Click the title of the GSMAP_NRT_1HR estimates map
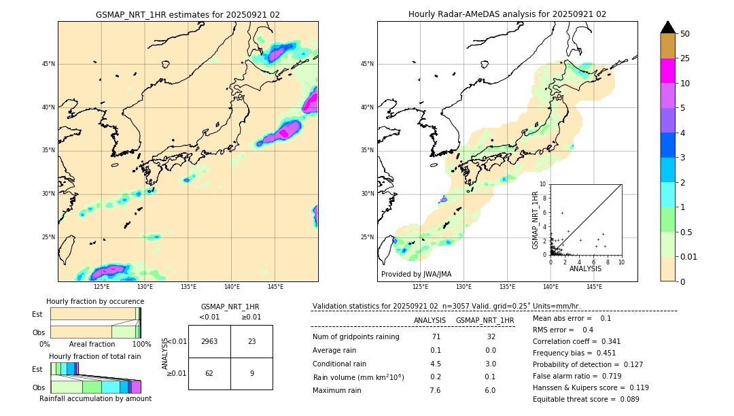tap(188, 14)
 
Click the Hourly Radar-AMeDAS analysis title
tap(507, 14)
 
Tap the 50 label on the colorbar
tap(685, 34)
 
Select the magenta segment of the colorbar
tap(667, 71)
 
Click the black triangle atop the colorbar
tap(667, 27)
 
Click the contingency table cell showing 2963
tap(209, 341)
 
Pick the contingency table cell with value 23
tap(251, 341)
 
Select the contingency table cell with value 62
tap(209, 373)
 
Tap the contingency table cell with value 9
tap(251, 373)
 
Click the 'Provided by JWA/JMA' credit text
tap(416, 275)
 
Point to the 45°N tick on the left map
tap(48, 64)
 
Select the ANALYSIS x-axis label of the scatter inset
tap(585, 269)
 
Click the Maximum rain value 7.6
tap(436, 390)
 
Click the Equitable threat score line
tap(586, 399)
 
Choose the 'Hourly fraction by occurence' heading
tap(95, 301)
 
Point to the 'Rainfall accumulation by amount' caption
tap(95, 399)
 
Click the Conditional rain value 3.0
tap(490, 364)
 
